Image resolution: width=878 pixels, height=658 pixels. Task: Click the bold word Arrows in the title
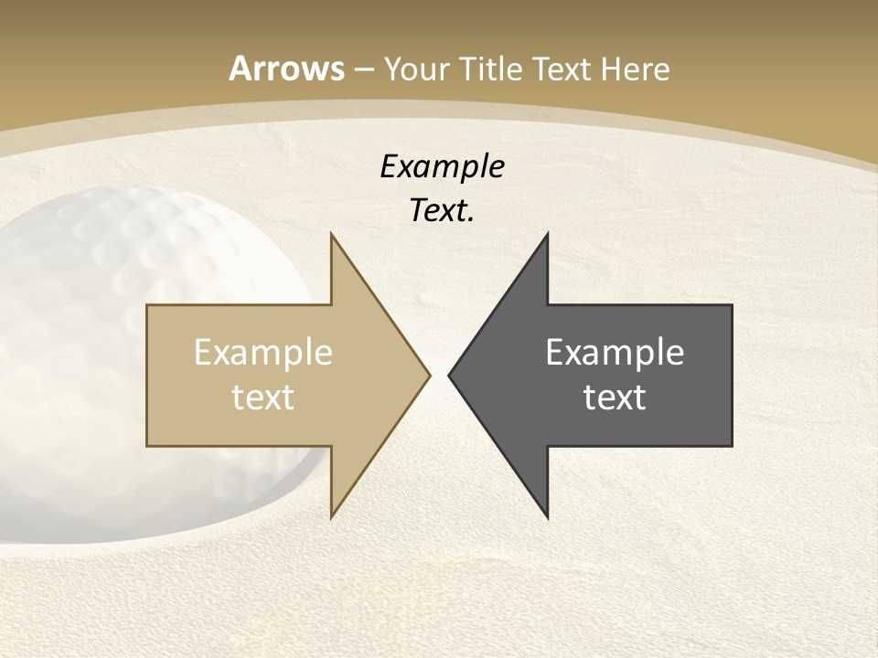coord(287,69)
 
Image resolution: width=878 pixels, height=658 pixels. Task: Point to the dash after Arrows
coord(363,69)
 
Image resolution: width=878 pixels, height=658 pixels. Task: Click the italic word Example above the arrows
coord(442,166)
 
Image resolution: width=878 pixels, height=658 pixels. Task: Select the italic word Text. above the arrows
coord(442,211)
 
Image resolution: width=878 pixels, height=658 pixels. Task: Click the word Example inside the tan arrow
coord(263,353)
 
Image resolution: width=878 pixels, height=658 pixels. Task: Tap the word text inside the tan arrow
coord(263,398)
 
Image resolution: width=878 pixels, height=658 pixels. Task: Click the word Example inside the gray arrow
coord(615,353)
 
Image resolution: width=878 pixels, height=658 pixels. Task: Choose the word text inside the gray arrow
coord(615,398)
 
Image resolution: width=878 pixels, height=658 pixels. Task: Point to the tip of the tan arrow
coord(429,375)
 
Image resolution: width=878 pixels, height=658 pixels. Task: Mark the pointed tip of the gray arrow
coord(449,375)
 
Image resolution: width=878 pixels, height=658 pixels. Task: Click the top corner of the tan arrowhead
coord(331,234)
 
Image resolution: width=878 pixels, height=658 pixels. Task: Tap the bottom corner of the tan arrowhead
coord(331,517)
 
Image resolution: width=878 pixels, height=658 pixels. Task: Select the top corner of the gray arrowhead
coord(547,234)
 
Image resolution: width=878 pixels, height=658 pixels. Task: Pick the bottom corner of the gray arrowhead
coord(547,517)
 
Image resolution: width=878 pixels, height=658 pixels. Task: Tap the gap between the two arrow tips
coord(439,375)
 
